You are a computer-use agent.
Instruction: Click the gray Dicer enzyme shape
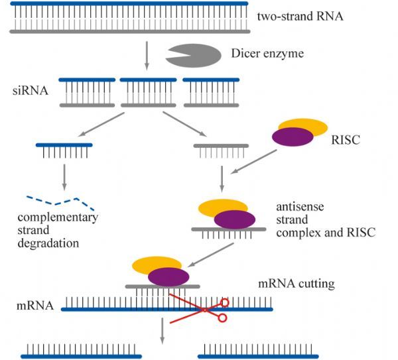click(197, 56)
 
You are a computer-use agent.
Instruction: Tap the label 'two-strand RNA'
click(300, 17)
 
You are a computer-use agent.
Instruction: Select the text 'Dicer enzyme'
click(267, 54)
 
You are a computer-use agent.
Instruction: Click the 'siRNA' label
click(31, 91)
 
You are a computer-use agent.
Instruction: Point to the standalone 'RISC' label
click(346, 140)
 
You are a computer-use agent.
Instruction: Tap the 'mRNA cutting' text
click(297, 283)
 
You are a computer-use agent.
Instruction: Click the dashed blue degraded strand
click(60, 202)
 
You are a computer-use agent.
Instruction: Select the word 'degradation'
click(48, 243)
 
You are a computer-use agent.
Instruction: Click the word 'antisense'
click(300, 206)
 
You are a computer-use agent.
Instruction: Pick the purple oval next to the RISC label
click(293, 137)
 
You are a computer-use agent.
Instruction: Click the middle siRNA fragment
click(148, 93)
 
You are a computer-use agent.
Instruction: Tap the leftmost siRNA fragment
click(87, 93)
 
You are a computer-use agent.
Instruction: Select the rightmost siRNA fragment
click(211, 93)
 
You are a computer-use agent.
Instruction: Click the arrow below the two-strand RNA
click(147, 56)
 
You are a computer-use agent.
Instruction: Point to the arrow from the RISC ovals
click(253, 162)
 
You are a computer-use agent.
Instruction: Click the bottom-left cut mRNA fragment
click(81, 351)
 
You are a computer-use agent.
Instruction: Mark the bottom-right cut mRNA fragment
click(258, 351)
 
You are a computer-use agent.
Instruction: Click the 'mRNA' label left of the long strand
click(35, 306)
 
